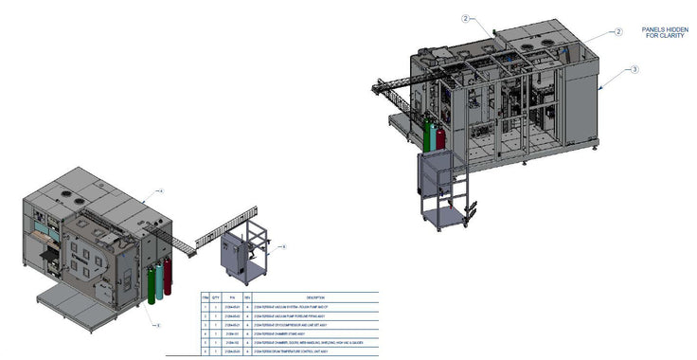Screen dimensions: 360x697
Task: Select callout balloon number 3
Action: pyautogui.click(x=634, y=68)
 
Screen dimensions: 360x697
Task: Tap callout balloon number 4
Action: pyautogui.click(x=160, y=191)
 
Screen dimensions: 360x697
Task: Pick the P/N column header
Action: pyautogui.click(x=231, y=297)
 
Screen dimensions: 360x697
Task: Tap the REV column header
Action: pyautogui.click(x=248, y=297)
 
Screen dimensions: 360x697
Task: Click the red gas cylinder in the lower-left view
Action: pyautogui.click(x=169, y=274)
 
